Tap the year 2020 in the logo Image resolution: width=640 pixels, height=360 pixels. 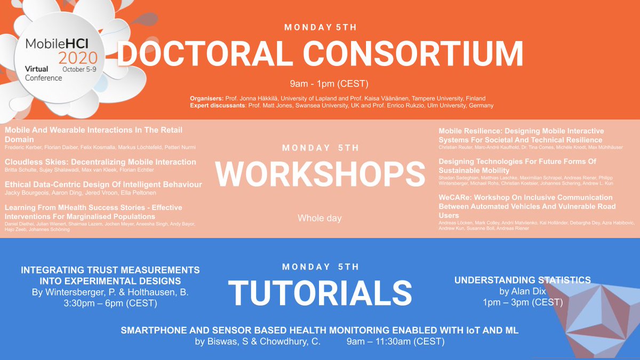[x=78, y=58]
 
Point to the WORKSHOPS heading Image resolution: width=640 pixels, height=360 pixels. [x=320, y=173]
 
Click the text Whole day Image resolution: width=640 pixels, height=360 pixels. [x=320, y=218]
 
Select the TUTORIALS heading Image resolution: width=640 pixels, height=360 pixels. [x=320, y=293]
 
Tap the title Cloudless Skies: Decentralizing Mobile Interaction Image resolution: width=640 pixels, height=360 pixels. [x=100, y=162]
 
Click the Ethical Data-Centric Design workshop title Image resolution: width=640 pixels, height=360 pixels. [x=103, y=185]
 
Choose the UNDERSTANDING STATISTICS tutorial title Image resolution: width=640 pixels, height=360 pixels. [x=522, y=279]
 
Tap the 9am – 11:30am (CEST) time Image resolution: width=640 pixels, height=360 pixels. [x=395, y=341]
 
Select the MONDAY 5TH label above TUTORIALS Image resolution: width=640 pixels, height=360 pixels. [x=320, y=267]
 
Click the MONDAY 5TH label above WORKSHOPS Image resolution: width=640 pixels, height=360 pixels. [x=320, y=148]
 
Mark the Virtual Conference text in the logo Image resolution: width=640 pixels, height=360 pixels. [x=43, y=73]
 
